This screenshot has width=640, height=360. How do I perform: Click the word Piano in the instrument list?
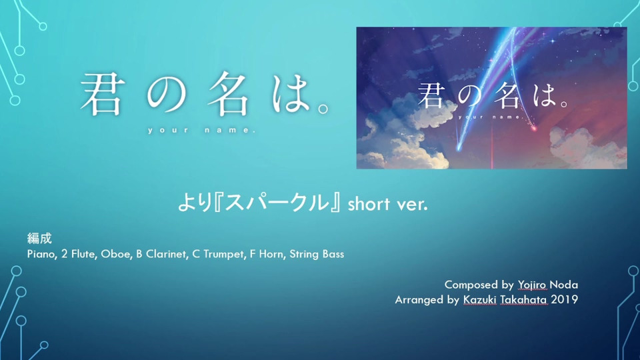coord(41,254)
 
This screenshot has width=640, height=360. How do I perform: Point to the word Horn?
coord(271,254)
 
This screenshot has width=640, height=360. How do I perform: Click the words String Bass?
coord(317,254)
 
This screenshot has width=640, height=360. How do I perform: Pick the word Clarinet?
coord(167,254)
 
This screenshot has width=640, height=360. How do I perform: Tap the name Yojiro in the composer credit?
coord(532,285)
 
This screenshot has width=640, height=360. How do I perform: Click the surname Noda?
coord(564,285)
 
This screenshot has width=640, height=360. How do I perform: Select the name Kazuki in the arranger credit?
coord(479,299)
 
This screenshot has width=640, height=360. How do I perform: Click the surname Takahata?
coord(523,299)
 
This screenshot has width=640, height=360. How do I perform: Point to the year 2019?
coord(564,299)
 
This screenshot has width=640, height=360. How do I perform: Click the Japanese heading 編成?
coord(39,239)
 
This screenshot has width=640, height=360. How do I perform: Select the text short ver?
coord(387,204)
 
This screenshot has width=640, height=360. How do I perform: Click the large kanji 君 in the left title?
coord(101,95)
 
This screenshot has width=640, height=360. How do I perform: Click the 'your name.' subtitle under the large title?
coord(202,131)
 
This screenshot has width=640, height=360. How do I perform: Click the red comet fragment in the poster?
coord(533,129)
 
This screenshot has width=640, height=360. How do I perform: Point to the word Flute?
coord(83,254)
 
